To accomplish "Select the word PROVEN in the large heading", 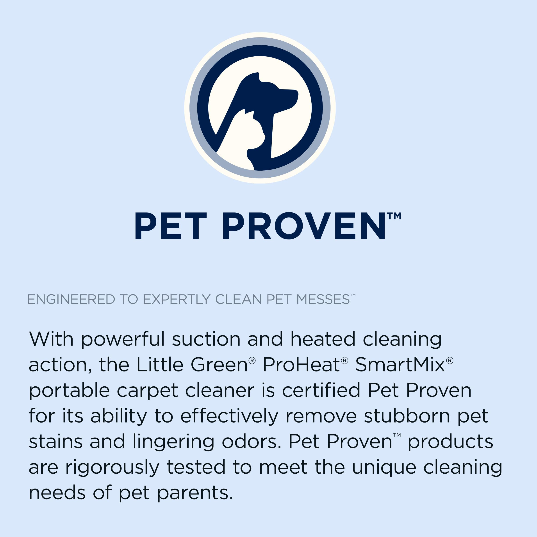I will (x=304, y=226).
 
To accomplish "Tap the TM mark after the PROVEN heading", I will (x=394, y=216).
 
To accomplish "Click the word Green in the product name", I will (x=219, y=365).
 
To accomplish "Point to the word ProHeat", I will (x=301, y=365).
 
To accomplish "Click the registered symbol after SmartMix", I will (x=450, y=361).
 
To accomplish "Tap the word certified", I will (x=321, y=391).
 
